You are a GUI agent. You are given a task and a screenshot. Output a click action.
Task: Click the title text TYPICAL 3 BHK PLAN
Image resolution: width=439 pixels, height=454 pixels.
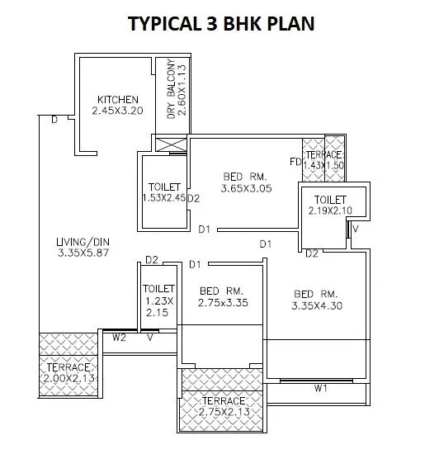(220, 23)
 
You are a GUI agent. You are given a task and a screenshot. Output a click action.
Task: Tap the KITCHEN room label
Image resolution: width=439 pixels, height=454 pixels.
(118, 100)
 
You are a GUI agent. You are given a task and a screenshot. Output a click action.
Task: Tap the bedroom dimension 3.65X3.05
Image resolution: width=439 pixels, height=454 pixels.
(247, 189)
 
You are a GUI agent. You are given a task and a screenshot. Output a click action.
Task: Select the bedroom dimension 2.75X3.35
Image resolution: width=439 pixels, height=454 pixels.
(223, 303)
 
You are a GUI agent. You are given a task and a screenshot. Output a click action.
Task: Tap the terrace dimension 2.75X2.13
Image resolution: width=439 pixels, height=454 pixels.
(223, 412)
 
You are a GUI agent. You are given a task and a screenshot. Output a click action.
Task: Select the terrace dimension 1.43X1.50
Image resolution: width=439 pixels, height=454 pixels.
(323, 166)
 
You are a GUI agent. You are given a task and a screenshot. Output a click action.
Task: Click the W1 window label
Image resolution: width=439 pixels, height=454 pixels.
(322, 387)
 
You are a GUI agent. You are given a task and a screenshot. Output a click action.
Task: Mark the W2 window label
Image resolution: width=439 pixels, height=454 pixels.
(119, 337)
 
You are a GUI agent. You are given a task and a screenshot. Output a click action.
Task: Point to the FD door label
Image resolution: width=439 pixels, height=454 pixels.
(295, 161)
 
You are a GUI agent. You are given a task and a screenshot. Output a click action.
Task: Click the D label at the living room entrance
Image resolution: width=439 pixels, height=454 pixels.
(54, 121)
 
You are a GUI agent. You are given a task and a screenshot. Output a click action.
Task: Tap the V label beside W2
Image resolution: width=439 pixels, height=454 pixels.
(150, 337)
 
